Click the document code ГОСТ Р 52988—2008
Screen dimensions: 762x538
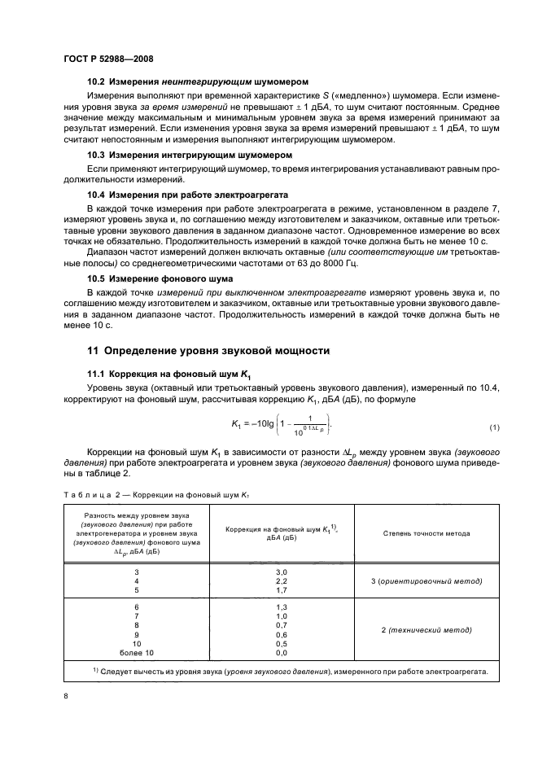point(108,59)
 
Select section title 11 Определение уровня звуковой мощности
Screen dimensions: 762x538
point(209,351)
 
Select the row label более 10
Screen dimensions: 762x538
point(137,653)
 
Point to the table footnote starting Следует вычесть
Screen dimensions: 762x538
point(289,672)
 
